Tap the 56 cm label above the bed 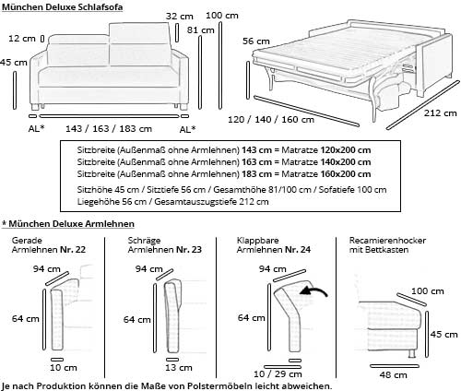255,41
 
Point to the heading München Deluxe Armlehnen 69,224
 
